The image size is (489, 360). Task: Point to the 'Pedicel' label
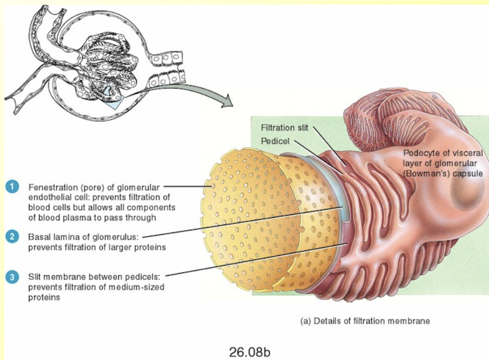tap(274, 141)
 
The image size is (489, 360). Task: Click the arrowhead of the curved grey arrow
tap(227, 101)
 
